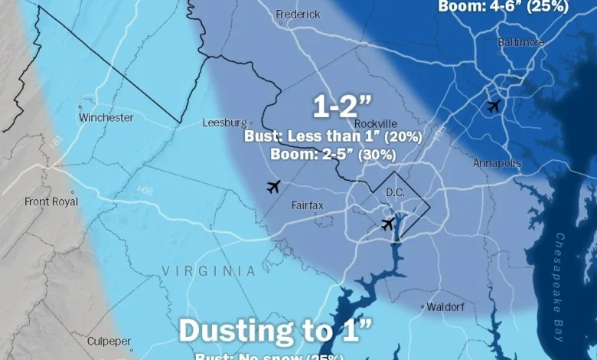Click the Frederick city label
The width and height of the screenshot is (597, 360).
297,14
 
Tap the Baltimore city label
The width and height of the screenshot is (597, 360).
520,42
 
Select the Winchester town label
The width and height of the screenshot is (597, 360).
106,118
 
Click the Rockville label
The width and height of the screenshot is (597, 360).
376,123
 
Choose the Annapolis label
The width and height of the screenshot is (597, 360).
497,163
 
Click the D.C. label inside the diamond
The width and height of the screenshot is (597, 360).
395,191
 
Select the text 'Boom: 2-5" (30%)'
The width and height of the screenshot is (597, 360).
333,153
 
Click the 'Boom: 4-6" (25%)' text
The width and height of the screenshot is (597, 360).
503,7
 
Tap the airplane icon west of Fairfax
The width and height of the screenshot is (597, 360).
273,186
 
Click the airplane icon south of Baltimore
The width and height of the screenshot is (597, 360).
494,106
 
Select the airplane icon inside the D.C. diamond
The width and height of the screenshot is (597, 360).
388,224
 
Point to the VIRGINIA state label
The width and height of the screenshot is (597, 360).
208,271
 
